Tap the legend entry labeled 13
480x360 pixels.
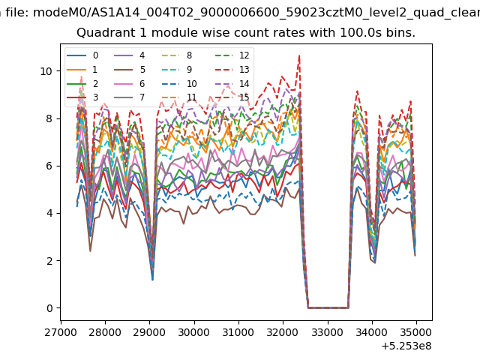232,70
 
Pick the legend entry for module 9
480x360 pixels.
177,70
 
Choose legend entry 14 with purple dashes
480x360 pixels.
232,84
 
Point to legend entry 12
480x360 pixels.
232,55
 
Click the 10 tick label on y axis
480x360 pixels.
46,71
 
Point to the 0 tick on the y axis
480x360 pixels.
49,308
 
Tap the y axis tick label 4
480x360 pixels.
49,213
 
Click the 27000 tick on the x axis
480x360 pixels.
61,332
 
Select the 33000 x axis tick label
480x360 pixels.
328,332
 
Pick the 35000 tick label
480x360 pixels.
416,332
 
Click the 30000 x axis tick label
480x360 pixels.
194,332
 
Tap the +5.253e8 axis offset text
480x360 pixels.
406,346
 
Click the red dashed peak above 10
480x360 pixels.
299,55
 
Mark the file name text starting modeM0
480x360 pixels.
256,13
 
